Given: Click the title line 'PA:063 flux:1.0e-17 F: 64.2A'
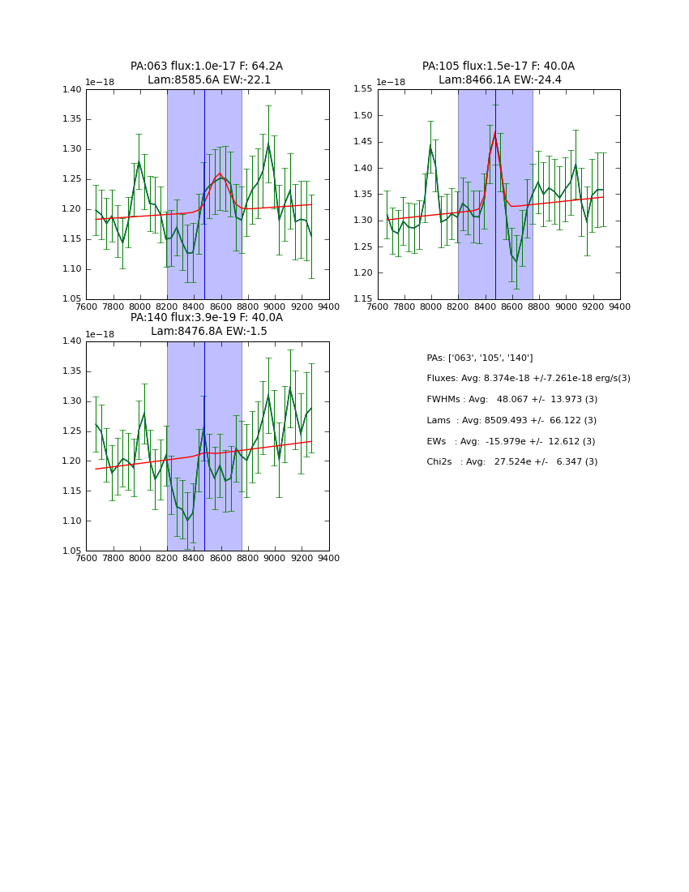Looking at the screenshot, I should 207,66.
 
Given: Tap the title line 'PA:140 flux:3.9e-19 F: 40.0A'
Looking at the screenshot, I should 207,318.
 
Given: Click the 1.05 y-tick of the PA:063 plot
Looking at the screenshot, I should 73,299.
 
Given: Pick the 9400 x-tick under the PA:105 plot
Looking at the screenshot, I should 620,307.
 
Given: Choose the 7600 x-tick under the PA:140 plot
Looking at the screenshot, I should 86,558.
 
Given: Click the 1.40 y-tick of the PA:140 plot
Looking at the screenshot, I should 73,341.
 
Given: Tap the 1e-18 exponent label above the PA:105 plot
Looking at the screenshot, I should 392,82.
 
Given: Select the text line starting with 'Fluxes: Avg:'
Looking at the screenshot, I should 528,379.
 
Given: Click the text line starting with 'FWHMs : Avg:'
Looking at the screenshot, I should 511,400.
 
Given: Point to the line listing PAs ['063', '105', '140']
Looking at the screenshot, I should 479,358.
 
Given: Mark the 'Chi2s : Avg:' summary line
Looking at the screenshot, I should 511,462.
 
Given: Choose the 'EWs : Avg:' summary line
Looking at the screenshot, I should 511,441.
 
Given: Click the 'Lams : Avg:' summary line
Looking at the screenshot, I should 511,420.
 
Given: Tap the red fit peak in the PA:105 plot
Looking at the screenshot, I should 495,132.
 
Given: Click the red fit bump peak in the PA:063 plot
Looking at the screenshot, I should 219,174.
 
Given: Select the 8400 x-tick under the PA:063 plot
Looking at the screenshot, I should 194,307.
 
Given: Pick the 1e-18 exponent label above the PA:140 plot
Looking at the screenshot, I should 100,334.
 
